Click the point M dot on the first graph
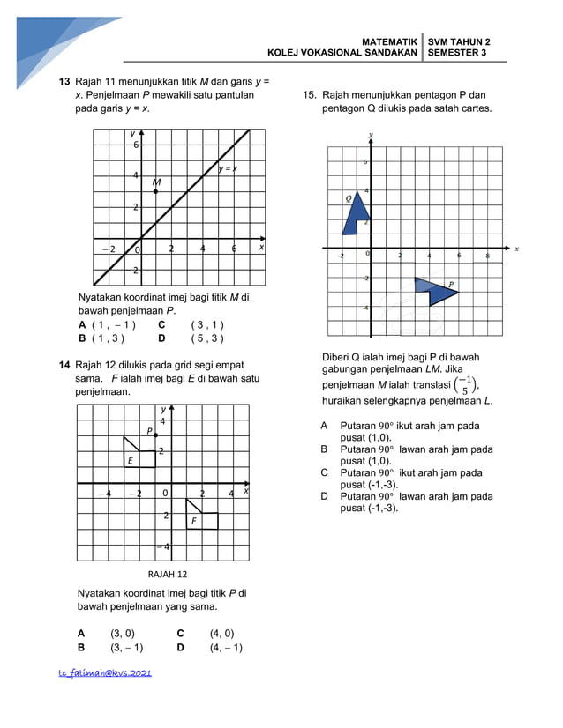156,191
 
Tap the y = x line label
228,169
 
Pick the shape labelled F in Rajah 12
200,516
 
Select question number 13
64,81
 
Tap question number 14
64,364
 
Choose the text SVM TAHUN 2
459,41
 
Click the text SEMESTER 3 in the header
457,53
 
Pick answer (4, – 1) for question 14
226,648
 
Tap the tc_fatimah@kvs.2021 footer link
105,673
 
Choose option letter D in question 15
325,496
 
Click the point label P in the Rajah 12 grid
150,431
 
